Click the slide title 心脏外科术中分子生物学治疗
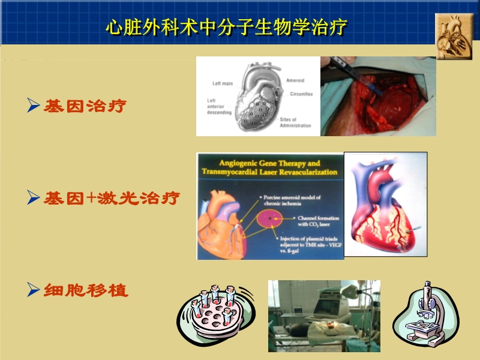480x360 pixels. [x=226, y=28]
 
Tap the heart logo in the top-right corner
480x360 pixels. [x=454, y=36]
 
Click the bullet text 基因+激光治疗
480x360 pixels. [x=112, y=198]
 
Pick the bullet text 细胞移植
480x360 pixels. [x=86, y=291]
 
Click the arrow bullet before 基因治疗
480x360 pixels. [x=34, y=107]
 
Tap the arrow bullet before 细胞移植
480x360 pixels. [x=34, y=291]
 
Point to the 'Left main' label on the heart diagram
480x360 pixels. [x=223, y=83]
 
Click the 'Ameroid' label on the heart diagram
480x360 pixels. [x=295, y=80]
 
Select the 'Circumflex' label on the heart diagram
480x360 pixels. [x=299, y=94]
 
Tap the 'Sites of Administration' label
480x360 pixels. [x=295, y=122]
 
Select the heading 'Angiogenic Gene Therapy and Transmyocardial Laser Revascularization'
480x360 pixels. [x=270, y=167]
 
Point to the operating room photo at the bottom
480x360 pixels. [x=324, y=316]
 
